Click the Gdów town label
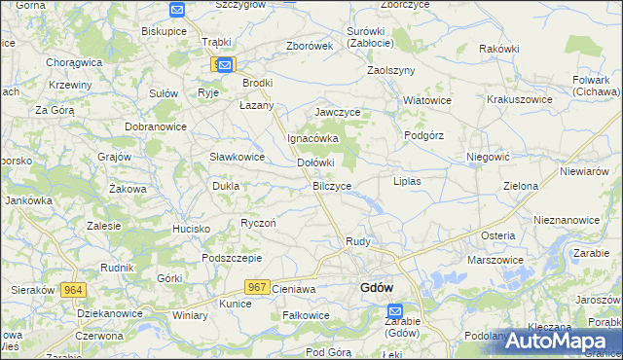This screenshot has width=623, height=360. pyautogui.click(x=376, y=288)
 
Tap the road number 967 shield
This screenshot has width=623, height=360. pyautogui.click(x=257, y=286)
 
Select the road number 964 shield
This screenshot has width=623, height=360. pyautogui.click(x=72, y=290)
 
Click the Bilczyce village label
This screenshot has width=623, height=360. pyautogui.click(x=332, y=185)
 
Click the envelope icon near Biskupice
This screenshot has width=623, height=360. pyautogui.click(x=176, y=10)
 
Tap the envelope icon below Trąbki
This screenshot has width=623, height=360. pyautogui.click(x=225, y=65)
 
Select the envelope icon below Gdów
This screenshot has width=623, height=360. pyautogui.click(x=394, y=310)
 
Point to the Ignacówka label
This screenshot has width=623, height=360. pyautogui.click(x=311, y=138)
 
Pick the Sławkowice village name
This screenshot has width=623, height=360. pyautogui.click(x=238, y=157)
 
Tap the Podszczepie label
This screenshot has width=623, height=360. pyautogui.click(x=232, y=258)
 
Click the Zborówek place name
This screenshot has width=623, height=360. pyautogui.click(x=311, y=46)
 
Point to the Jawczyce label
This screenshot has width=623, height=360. pyautogui.click(x=338, y=113)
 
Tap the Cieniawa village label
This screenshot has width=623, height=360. pyautogui.click(x=295, y=289)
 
